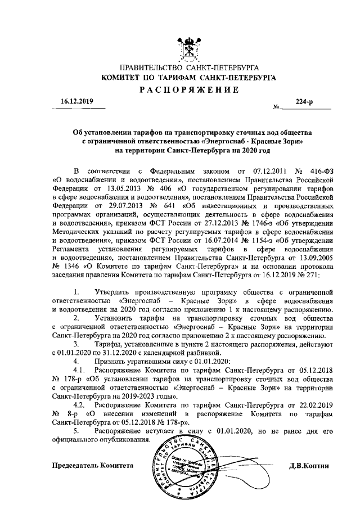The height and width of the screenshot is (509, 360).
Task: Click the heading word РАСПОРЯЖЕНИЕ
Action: [185, 90]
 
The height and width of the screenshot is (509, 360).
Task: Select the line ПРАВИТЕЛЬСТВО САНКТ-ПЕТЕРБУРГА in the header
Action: [185, 67]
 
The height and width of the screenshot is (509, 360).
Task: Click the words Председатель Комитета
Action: [93, 466]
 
